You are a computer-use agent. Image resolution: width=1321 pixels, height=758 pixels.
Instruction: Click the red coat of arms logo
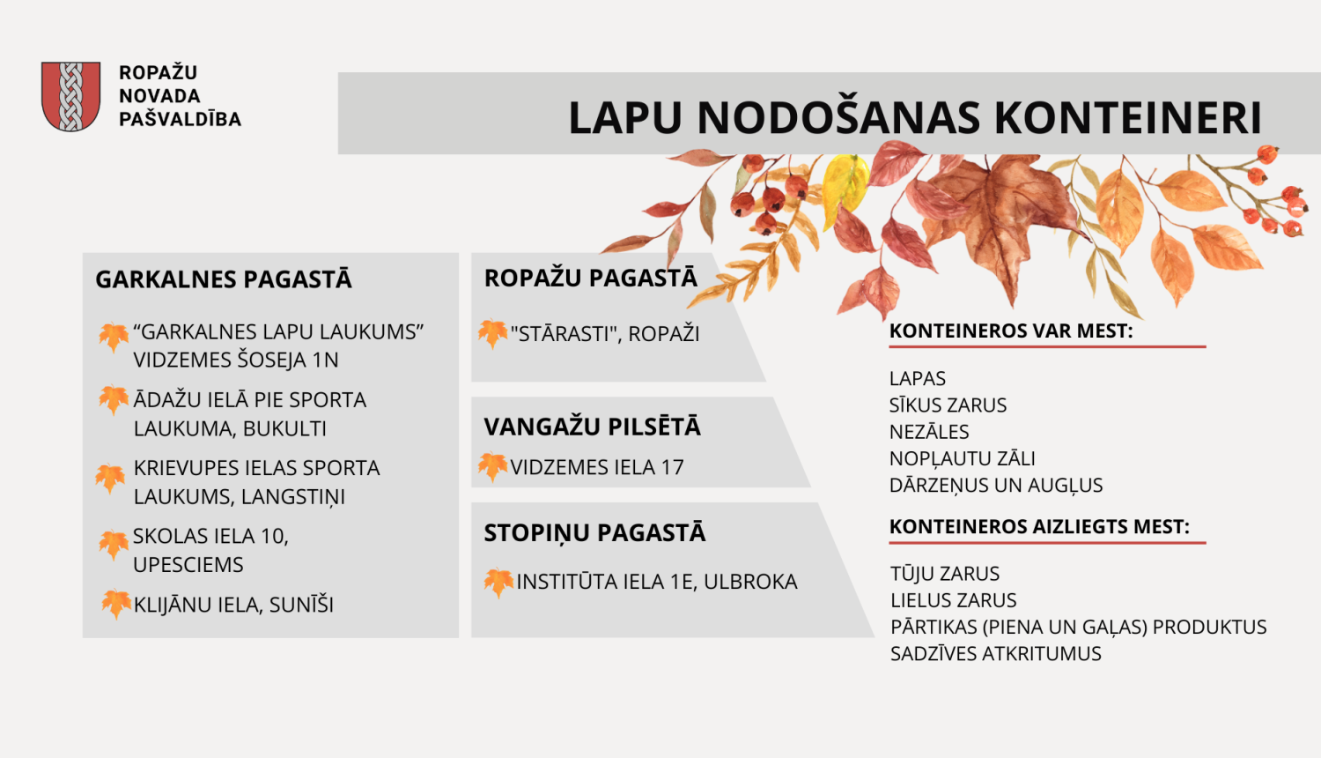pyautogui.click(x=70, y=96)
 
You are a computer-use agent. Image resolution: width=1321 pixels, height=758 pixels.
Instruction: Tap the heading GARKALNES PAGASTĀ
pyautogui.click(x=224, y=280)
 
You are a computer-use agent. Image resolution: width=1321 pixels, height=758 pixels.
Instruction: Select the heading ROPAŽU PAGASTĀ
pyautogui.click(x=590, y=279)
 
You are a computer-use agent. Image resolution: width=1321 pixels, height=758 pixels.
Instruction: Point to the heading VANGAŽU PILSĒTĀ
pyautogui.click(x=592, y=427)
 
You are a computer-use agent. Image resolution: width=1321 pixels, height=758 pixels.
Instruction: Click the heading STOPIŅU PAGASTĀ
pyautogui.click(x=594, y=533)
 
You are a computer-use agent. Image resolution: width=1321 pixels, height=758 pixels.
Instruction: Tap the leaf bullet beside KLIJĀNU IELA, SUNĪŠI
pyautogui.click(x=115, y=604)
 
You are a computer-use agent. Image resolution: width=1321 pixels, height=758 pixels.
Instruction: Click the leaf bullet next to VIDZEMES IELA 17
pyautogui.click(x=492, y=466)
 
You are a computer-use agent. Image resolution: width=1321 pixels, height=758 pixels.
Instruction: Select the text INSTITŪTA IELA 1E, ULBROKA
pyautogui.click(x=656, y=582)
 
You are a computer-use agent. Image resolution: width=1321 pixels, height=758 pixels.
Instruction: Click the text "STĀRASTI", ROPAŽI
pyautogui.click(x=605, y=334)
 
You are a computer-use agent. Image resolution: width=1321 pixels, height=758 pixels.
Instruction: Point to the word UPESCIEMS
pyautogui.click(x=188, y=565)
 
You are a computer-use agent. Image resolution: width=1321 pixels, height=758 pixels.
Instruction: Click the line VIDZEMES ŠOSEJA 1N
pyautogui.click(x=236, y=360)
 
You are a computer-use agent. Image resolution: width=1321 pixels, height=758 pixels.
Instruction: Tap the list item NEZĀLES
pyautogui.click(x=929, y=432)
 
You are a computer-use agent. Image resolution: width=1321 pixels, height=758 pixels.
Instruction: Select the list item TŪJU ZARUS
pyautogui.click(x=945, y=574)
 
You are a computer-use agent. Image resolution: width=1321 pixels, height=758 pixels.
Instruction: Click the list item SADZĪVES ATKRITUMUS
pyautogui.click(x=995, y=654)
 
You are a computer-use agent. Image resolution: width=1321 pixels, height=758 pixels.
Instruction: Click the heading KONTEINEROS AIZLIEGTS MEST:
pyautogui.click(x=1039, y=527)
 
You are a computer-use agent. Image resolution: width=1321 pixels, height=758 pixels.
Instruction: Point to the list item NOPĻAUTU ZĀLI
pyautogui.click(x=962, y=459)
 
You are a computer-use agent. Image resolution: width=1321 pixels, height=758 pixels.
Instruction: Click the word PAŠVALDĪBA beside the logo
pyautogui.click(x=180, y=119)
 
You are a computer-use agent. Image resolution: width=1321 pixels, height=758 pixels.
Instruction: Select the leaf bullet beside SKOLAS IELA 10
pyautogui.click(x=114, y=544)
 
